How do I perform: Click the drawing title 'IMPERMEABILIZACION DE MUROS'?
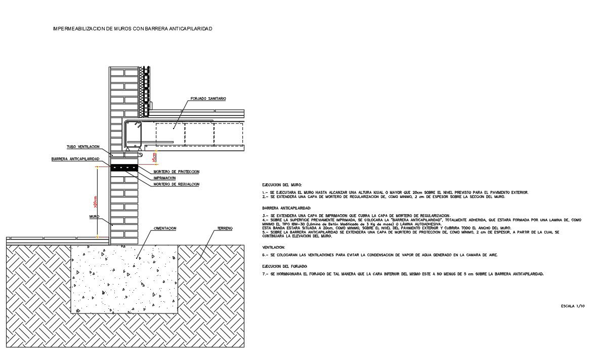(133, 29)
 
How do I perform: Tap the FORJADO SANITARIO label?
(208, 98)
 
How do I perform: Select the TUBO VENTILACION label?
(83, 147)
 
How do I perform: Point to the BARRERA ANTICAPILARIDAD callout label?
(75, 159)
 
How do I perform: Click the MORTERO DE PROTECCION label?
(176, 172)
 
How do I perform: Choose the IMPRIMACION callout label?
(164, 178)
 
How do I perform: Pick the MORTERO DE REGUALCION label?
(176, 184)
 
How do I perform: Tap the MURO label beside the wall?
(94, 216)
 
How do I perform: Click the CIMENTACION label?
(165, 229)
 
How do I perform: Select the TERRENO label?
(225, 229)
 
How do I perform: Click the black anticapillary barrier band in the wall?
(124, 167)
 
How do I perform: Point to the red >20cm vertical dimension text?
(95, 203)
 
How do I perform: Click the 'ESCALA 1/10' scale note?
(573, 306)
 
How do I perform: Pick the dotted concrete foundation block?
(124, 278)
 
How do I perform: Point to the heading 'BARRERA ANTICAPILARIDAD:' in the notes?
(286, 208)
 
